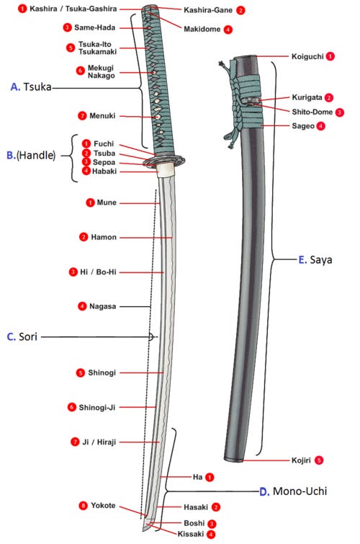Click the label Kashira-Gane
pyautogui.click(x=208, y=10)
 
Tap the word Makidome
pyautogui.click(x=202, y=29)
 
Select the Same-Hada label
pyautogui.click(x=95, y=27)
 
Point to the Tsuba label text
pyautogui.click(x=104, y=153)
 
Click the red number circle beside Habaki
pyautogui.click(x=86, y=171)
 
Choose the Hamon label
pyautogui.click(x=104, y=237)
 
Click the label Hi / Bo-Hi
pyautogui.click(x=98, y=272)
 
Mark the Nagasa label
pyautogui.click(x=103, y=306)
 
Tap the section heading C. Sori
pyautogui.click(x=22, y=336)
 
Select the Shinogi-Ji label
pyautogui.click(x=96, y=407)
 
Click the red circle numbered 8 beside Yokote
pyautogui.click(x=84, y=506)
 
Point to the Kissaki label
pyautogui.click(x=190, y=534)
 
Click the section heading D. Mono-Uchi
pyautogui.click(x=293, y=491)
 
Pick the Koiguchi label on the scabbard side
pyautogui.click(x=307, y=56)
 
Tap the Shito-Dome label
pyautogui.click(x=312, y=112)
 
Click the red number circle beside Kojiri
pyautogui.click(x=319, y=460)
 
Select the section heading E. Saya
pyautogui.click(x=315, y=259)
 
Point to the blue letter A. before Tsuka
pyautogui.click(x=15, y=86)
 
